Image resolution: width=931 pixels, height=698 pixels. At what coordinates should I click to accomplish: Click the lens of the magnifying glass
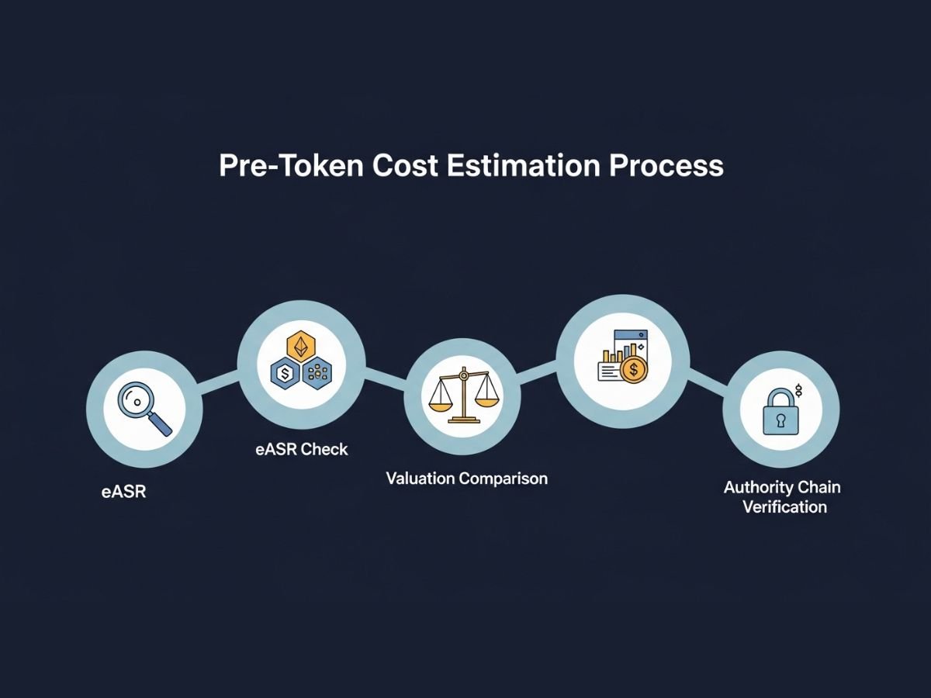(x=135, y=402)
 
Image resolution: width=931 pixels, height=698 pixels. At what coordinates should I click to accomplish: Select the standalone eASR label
(x=123, y=492)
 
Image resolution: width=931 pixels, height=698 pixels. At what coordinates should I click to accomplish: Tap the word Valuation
(x=421, y=479)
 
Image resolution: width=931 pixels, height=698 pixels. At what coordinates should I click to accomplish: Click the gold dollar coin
(x=634, y=371)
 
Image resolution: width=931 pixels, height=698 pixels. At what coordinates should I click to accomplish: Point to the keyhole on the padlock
(x=780, y=420)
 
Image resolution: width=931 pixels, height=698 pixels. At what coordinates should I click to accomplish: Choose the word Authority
(x=759, y=488)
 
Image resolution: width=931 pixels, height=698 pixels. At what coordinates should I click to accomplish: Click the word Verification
(x=784, y=507)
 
